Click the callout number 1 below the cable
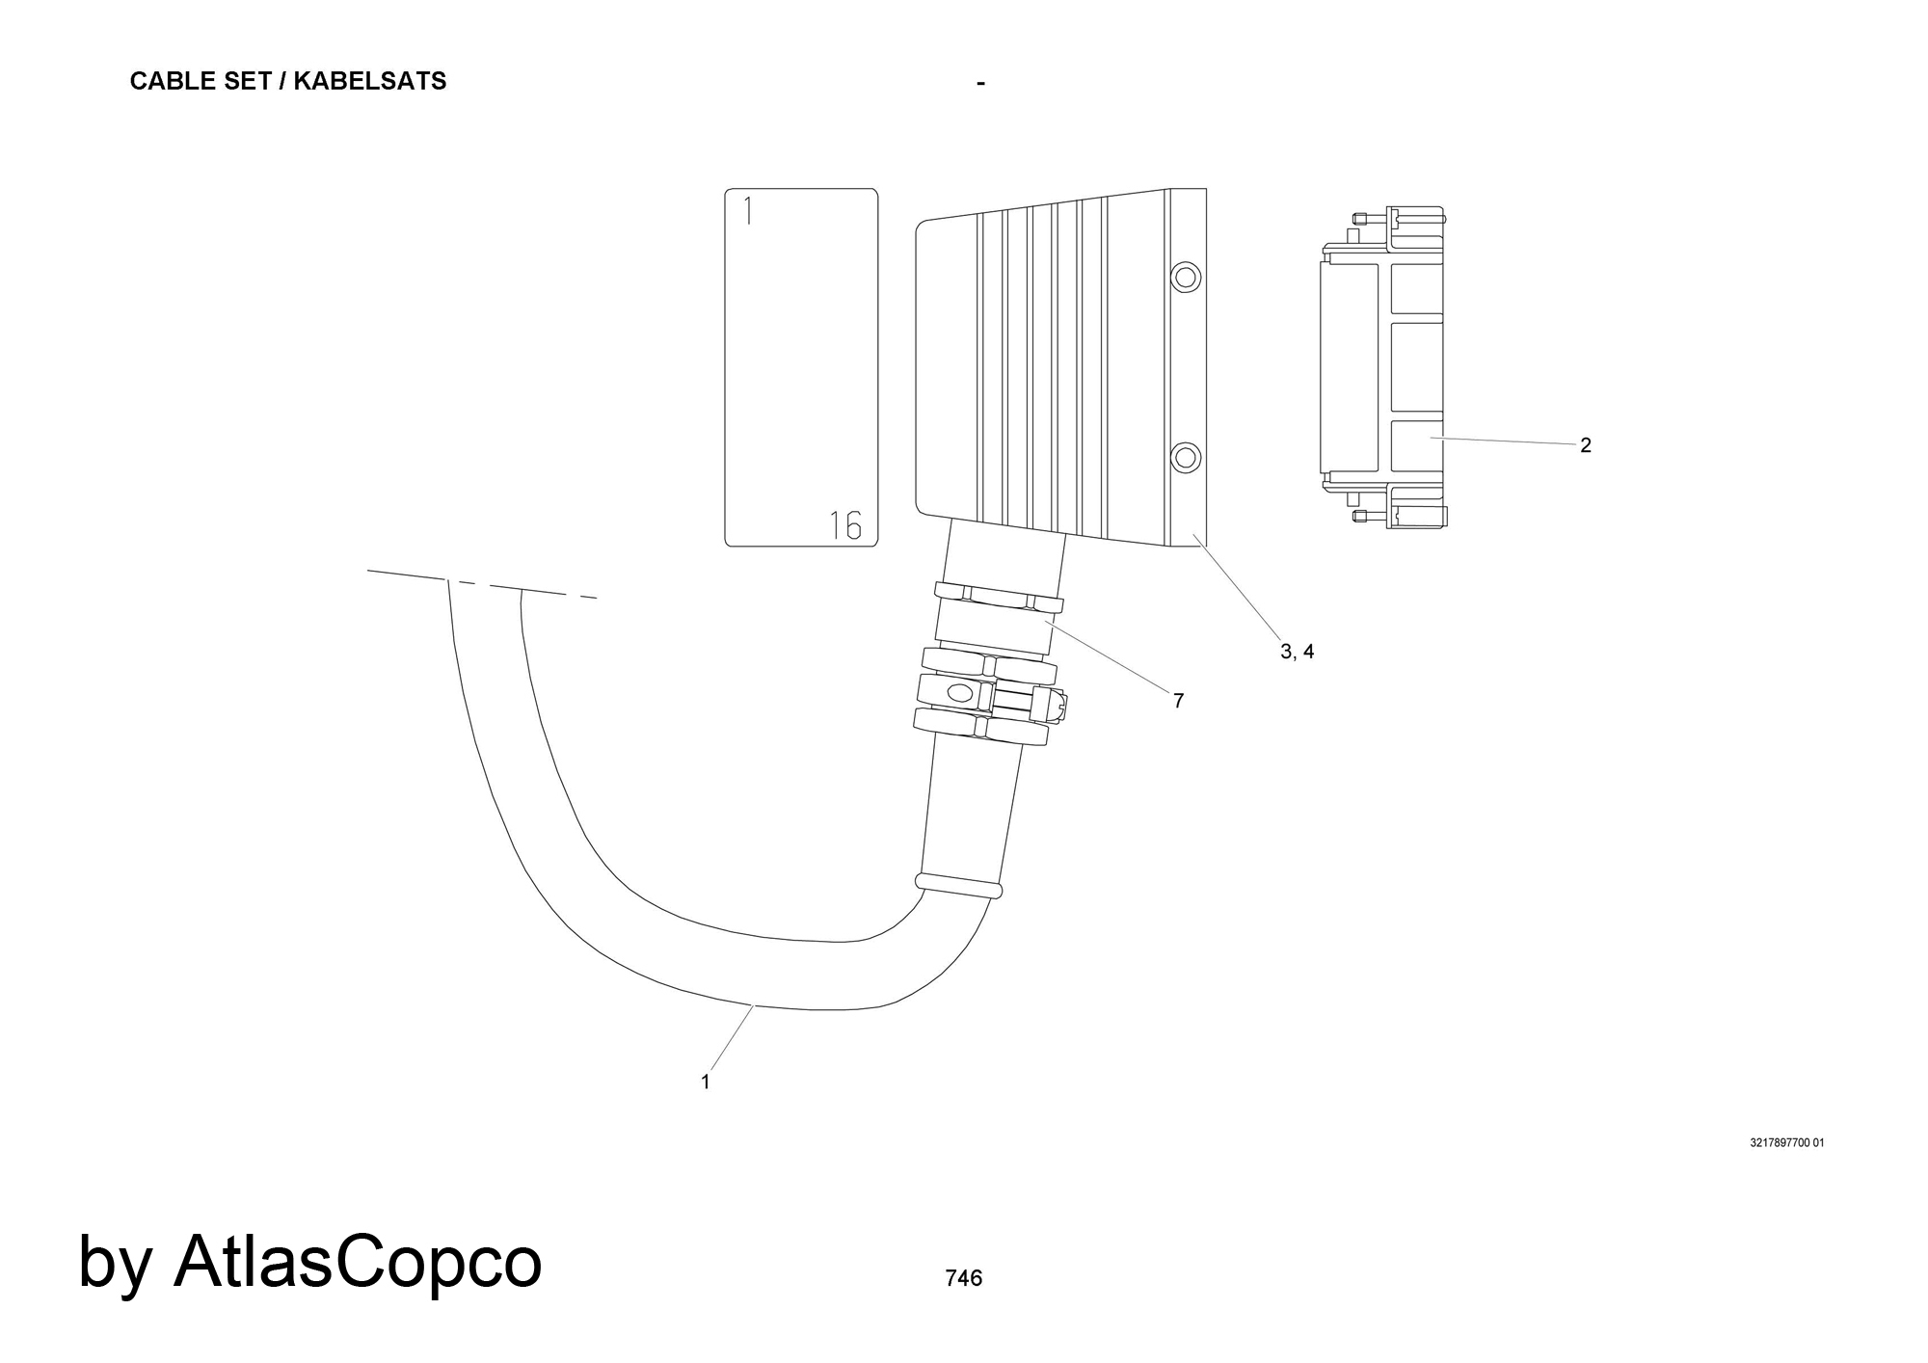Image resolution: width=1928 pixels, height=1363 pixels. (x=706, y=1082)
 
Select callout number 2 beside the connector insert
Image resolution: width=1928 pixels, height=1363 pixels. (x=1586, y=445)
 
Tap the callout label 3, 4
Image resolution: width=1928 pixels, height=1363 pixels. (x=1297, y=652)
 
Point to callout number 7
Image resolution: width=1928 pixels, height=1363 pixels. (x=1178, y=701)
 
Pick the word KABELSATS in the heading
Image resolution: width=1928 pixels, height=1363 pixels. (x=370, y=81)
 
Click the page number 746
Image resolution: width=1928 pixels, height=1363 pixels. (x=964, y=1278)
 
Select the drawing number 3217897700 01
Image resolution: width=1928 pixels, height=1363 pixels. (x=1787, y=1143)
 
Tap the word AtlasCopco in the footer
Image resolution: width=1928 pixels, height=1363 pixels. (x=358, y=1261)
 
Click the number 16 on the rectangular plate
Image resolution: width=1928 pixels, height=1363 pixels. (x=845, y=525)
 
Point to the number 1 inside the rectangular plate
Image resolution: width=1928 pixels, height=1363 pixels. (x=748, y=210)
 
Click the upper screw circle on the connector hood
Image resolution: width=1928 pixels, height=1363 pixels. (x=1186, y=278)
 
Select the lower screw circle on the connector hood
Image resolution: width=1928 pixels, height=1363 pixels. (x=1186, y=457)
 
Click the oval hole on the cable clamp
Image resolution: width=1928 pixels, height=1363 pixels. (x=961, y=692)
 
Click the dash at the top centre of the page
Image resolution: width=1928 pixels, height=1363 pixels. (x=980, y=84)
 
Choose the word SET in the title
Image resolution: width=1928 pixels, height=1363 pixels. (x=246, y=81)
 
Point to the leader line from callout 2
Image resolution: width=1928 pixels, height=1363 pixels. (x=1503, y=441)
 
